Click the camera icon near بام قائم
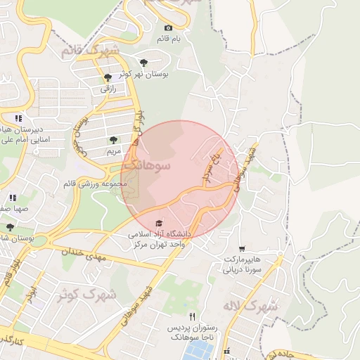tap(167, 27)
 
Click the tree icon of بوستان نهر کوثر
tap(144, 62)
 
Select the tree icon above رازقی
tap(108, 78)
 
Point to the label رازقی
tap(108, 89)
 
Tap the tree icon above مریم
tap(114, 141)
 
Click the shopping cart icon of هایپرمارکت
tap(242, 248)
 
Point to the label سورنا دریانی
tap(243, 269)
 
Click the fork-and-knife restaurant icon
tap(192, 317)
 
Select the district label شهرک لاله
tap(255, 307)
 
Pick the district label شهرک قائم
tap(90, 51)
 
